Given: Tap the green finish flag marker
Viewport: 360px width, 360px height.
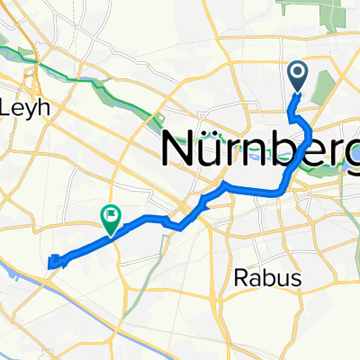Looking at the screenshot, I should (111, 216).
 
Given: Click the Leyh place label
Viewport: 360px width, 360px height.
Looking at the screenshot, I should (30, 106).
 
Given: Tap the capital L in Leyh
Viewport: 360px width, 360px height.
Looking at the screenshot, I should (13, 106).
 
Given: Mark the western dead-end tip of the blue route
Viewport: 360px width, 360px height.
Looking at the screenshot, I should (49, 262).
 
